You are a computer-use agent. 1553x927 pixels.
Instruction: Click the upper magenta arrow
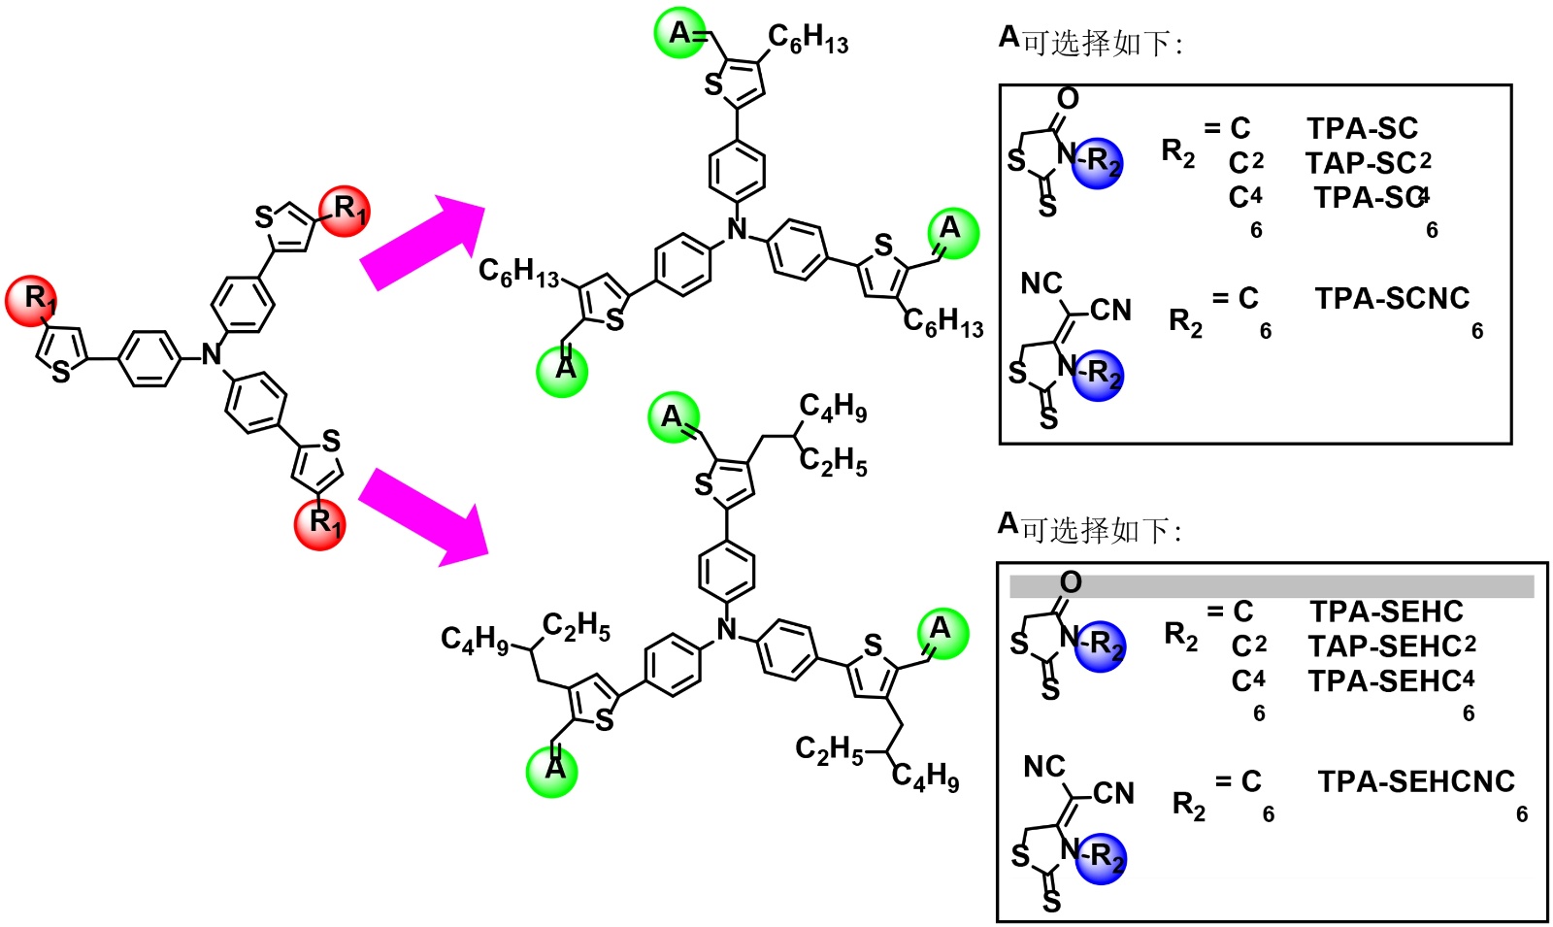click(419, 245)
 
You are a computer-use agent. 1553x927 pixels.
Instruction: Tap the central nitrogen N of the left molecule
click(212, 355)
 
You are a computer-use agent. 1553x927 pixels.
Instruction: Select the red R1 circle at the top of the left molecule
click(346, 210)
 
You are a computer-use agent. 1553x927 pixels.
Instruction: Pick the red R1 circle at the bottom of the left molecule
click(321, 523)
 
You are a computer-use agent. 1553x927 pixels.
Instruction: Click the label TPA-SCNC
click(1392, 299)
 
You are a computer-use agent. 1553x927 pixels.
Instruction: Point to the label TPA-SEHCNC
click(1415, 781)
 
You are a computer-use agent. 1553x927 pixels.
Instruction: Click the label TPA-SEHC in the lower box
click(1386, 612)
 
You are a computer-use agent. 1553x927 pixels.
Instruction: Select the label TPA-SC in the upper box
click(1362, 128)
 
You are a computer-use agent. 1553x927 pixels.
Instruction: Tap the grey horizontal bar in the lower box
click(1272, 586)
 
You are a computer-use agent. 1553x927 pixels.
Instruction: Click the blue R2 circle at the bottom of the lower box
click(1100, 858)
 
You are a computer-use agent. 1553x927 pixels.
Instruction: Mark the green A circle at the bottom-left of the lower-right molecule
click(552, 771)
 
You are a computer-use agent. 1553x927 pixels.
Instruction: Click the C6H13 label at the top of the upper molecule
click(808, 39)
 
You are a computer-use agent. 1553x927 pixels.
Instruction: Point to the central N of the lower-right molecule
click(726, 630)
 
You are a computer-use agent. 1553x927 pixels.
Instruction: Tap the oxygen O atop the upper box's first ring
click(1068, 98)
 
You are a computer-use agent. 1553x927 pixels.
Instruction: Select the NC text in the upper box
click(1041, 283)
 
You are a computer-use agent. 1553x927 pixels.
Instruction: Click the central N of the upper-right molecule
click(738, 229)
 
